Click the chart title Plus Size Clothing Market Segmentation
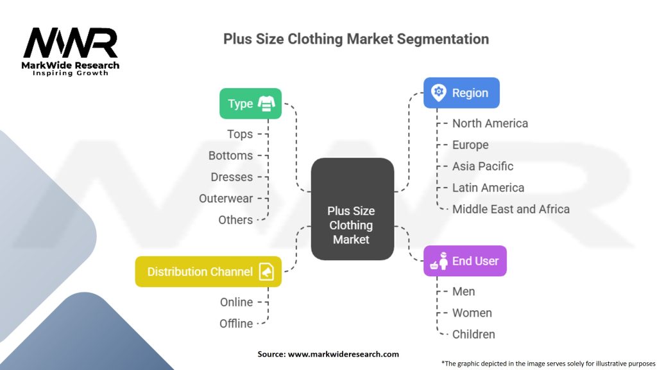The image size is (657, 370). (x=355, y=39)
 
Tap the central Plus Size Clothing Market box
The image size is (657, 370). (x=351, y=209)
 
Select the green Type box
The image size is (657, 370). (x=250, y=103)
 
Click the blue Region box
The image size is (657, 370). (x=461, y=93)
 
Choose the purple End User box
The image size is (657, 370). (x=465, y=261)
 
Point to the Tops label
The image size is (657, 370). (x=240, y=134)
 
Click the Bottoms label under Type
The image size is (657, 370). (x=230, y=155)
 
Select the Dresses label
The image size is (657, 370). (x=232, y=177)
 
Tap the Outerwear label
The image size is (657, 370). (x=226, y=198)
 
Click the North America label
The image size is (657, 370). (x=490, y=123)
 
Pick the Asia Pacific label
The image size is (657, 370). (x=482, y=166)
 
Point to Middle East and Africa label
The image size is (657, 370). (x=511, y=209)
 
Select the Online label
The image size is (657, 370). (x=236, y=302)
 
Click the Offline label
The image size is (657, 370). (x=236, y=324)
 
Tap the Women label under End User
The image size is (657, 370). (x=472, y=313)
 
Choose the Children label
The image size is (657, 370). (x=474, y=334)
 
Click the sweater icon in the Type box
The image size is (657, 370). (x=266, y=103)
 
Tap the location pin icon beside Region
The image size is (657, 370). (x=439, y=92)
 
